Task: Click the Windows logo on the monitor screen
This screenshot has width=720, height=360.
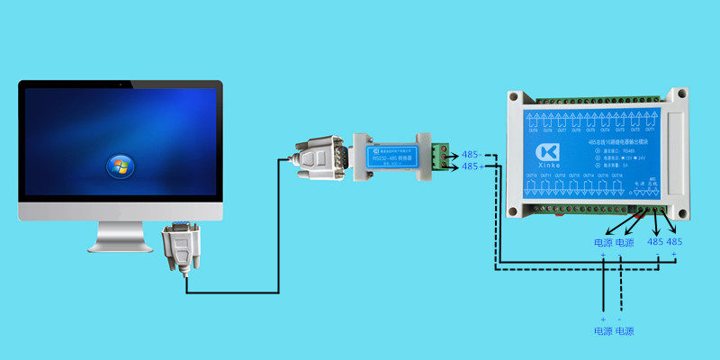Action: [x=119, y=165]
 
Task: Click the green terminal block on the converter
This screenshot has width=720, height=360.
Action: [x=440, y=155]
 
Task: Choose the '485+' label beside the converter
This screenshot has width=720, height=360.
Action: [x=472, y=166]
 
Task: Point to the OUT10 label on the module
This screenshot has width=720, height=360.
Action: [x=531, y=175]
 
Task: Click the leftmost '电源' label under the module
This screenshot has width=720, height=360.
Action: [x=603, y=243]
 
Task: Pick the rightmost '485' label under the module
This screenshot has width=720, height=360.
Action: [x=675, y=243]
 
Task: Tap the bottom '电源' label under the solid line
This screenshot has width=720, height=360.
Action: [x=603, y=331]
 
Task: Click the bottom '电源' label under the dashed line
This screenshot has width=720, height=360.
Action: [x=625, y=331]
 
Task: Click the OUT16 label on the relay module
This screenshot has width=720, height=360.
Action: [x=617, y=175]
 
